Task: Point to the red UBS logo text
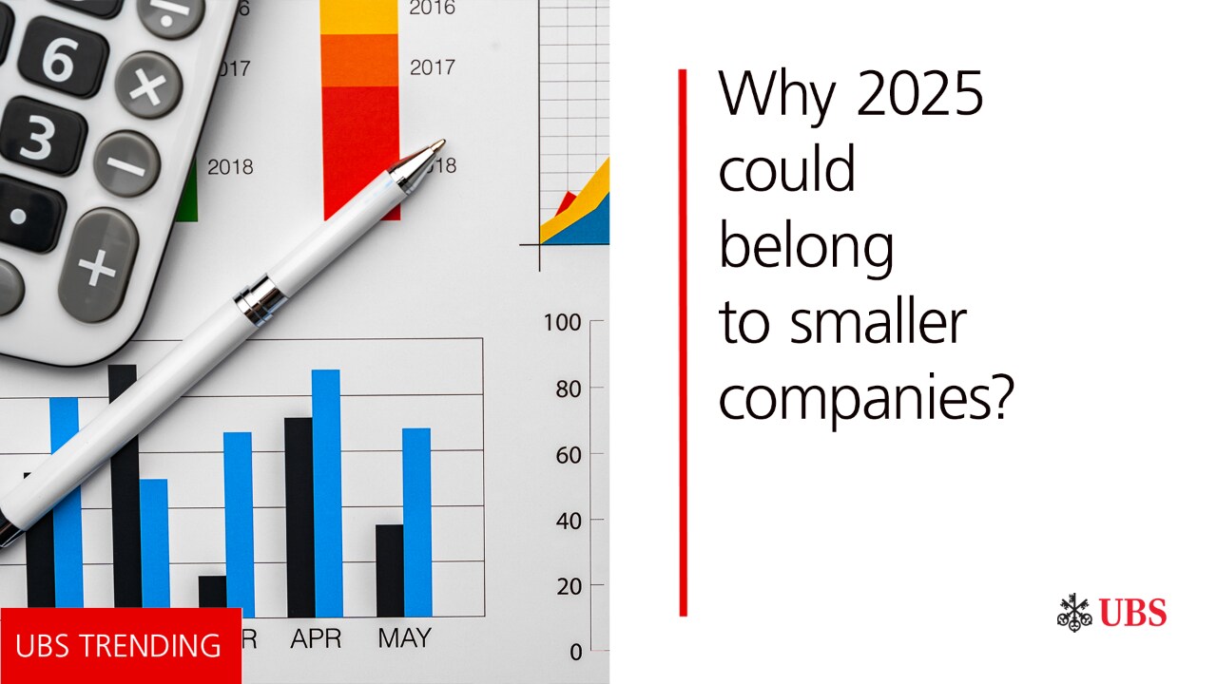(1133, 613)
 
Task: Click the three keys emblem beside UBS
(1074, 613)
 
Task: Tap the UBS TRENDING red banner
(120, 646)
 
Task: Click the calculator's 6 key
(58, 59)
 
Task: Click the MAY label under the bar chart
(404, 637)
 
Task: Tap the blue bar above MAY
(416, 522)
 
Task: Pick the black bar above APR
(299, 517)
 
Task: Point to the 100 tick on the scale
(562, 322)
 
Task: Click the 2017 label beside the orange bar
(433, 67)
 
